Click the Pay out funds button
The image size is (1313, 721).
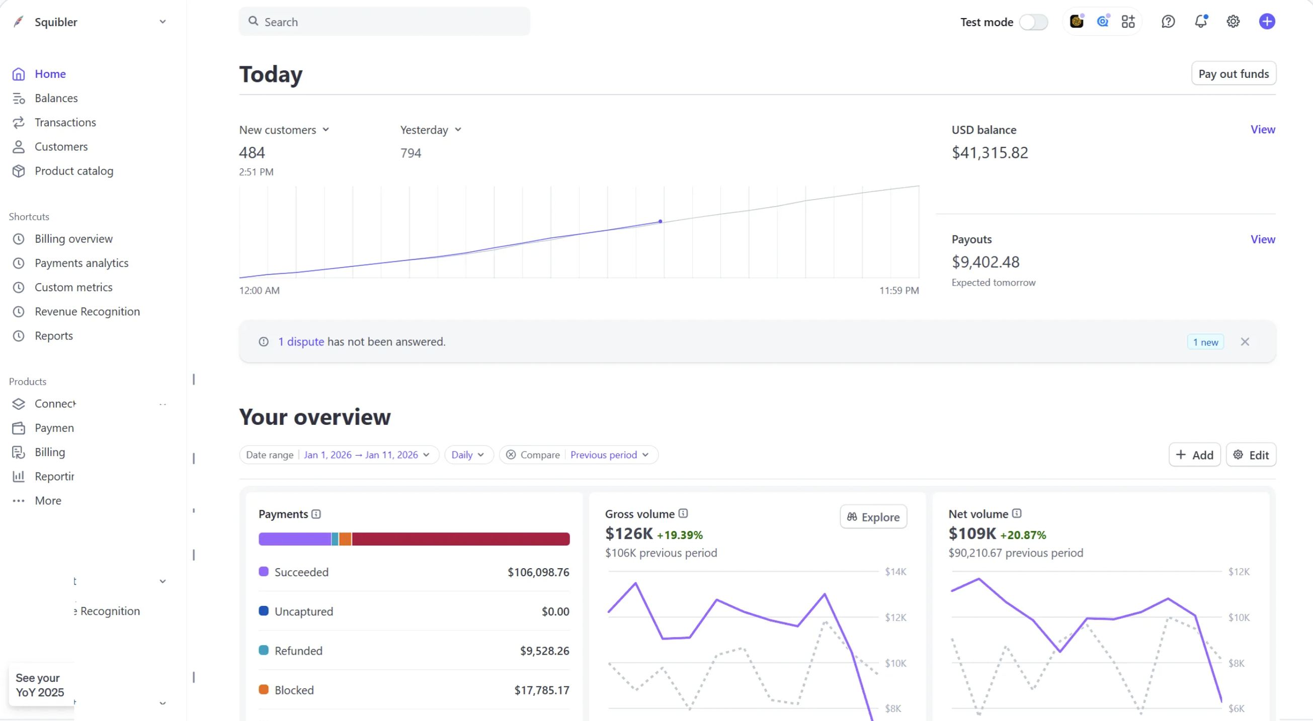coord(1233,73)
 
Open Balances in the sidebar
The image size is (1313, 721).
coord(55,98)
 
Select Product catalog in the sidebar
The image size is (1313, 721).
coord(73,170)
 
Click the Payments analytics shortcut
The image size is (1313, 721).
coord(81,263)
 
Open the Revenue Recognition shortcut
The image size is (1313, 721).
coord(87,311)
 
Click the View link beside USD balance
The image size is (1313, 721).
coord(1262,129)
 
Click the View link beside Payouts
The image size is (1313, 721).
coord(1262,239)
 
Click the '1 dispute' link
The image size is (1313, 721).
coord(301,341)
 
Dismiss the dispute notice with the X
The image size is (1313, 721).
coord(1244,341)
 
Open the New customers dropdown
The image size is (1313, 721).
coord(284,130)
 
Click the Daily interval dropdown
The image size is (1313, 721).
coord(467,455)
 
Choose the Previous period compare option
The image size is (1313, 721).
coord(609,455)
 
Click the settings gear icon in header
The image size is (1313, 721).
coord(1233,22)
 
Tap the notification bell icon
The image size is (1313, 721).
coord(1200,22)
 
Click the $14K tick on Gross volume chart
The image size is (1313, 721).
coord(895,571)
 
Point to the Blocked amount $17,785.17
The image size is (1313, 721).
coord(541,690)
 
